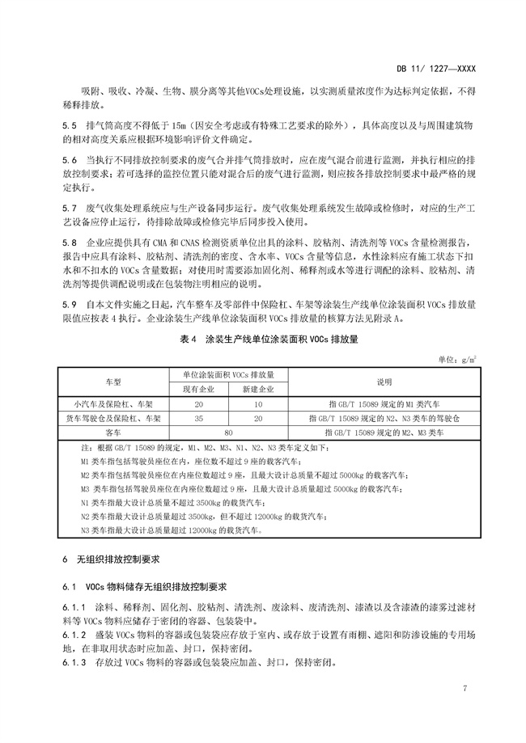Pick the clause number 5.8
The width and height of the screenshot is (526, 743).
pos(67,243)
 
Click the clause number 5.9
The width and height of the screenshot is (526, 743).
pos(67,304)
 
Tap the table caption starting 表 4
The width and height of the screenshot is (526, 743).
pos(262,340)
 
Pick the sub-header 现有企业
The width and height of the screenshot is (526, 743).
pos(199,389)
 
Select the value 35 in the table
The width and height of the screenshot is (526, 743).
pos(199,418)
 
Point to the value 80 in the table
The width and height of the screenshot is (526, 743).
pos(229,433)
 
